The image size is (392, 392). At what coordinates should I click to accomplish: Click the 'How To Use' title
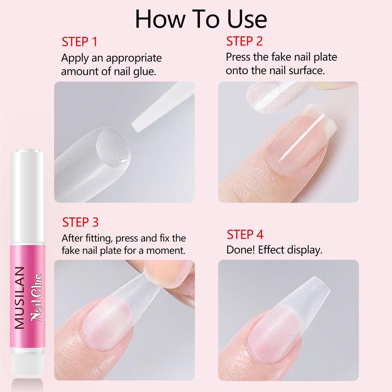click(201, 19)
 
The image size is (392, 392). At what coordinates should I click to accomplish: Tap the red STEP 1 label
click(79, 42)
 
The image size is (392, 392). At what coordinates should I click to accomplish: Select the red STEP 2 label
click(244, 42)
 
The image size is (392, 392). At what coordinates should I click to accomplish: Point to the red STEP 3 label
click(80, 222)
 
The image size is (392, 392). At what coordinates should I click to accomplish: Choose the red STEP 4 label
click(245, 235)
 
